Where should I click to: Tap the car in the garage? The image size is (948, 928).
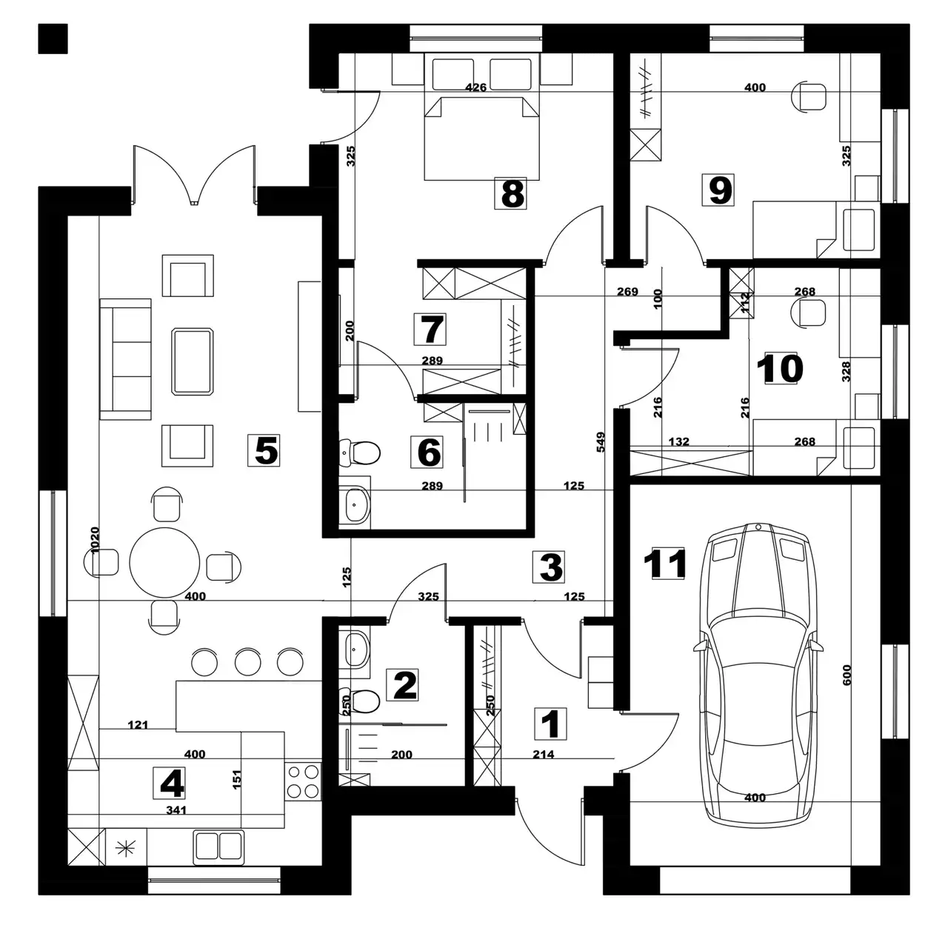[758, 672]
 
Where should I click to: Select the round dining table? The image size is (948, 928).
[164, 563]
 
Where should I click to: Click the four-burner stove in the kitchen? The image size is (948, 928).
[303, 781]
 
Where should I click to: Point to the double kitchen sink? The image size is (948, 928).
[219, 847]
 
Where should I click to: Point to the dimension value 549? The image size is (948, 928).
[600, 442]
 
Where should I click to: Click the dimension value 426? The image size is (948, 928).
[475, 87]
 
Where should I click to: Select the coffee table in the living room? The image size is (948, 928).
[193, 362]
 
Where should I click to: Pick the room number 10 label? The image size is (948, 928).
[780, 369]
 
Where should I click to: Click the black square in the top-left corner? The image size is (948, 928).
[53, 39]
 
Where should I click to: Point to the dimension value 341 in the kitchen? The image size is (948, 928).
[176, 810]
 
